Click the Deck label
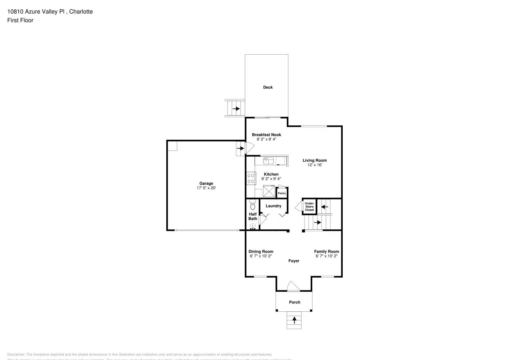click(x=268, y=87)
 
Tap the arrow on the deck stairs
click(x=236, y=108)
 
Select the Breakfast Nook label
click(x=266, y=135)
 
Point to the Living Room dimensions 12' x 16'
click(x=314, y=165)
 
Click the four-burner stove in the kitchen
click(x=251, y=179)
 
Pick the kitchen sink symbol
click(x=268, y=161)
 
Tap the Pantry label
click(x=282, y=193)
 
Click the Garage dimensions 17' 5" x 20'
click(x=206, y=188)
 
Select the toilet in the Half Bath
click(x=252, y=205)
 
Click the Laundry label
click(x=273, y=206)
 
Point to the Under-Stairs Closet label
click(x=309, y=207)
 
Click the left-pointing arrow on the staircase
click(x=324, y=207)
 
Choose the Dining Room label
click(x=261, y=252)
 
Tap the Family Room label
click(x=326, y=252)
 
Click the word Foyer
click(x=294, y=261)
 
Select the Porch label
click(x=294, y=302)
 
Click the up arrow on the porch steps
click(x=294, y=319)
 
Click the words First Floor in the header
click(x=20, y=20)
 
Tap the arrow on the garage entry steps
click(x=240, y=148)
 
